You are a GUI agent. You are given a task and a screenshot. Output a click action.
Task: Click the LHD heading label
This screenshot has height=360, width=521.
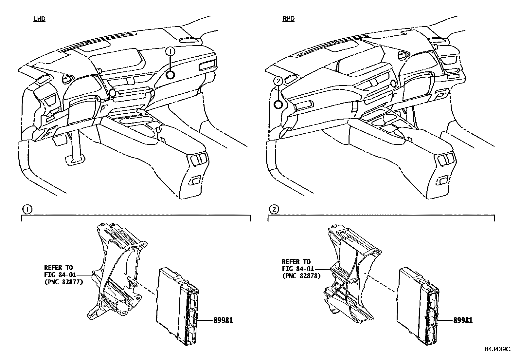[x=39, y=19]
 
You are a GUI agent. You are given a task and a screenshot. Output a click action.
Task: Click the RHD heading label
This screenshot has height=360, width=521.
[x=288, y=19]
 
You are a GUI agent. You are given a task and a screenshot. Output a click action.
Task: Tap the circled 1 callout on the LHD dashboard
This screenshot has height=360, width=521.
[x=170, y=51]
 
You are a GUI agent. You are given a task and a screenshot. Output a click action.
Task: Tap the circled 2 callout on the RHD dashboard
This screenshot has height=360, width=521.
[x=277, y=81]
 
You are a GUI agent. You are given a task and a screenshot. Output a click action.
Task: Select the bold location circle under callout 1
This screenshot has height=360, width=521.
[x=170, y=75]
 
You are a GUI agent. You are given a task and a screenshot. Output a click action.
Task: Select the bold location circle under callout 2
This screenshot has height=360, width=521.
[x=278, y=105]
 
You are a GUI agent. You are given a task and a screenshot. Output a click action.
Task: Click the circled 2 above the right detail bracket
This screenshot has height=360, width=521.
[x=274, y=209]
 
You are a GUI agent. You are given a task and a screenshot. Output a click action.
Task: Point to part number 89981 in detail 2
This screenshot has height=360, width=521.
[x=463, y=320]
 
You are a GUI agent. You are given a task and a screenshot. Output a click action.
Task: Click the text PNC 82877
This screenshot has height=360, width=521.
[x=63, y=281]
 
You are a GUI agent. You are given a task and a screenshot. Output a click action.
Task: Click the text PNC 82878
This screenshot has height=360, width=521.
[x=301, y=276]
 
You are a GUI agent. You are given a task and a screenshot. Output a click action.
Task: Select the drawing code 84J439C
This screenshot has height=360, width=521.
[x=497, y=349]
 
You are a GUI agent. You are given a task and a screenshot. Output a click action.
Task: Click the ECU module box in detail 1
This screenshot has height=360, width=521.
[x=170, y=305]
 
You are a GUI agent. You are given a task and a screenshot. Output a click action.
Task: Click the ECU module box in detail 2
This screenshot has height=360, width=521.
[x=411, y=305]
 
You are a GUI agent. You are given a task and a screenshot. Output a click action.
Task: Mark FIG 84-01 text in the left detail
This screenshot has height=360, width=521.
[x=60, y=275]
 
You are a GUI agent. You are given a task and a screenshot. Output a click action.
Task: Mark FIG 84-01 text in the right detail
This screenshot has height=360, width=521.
[x=298, y=269]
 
